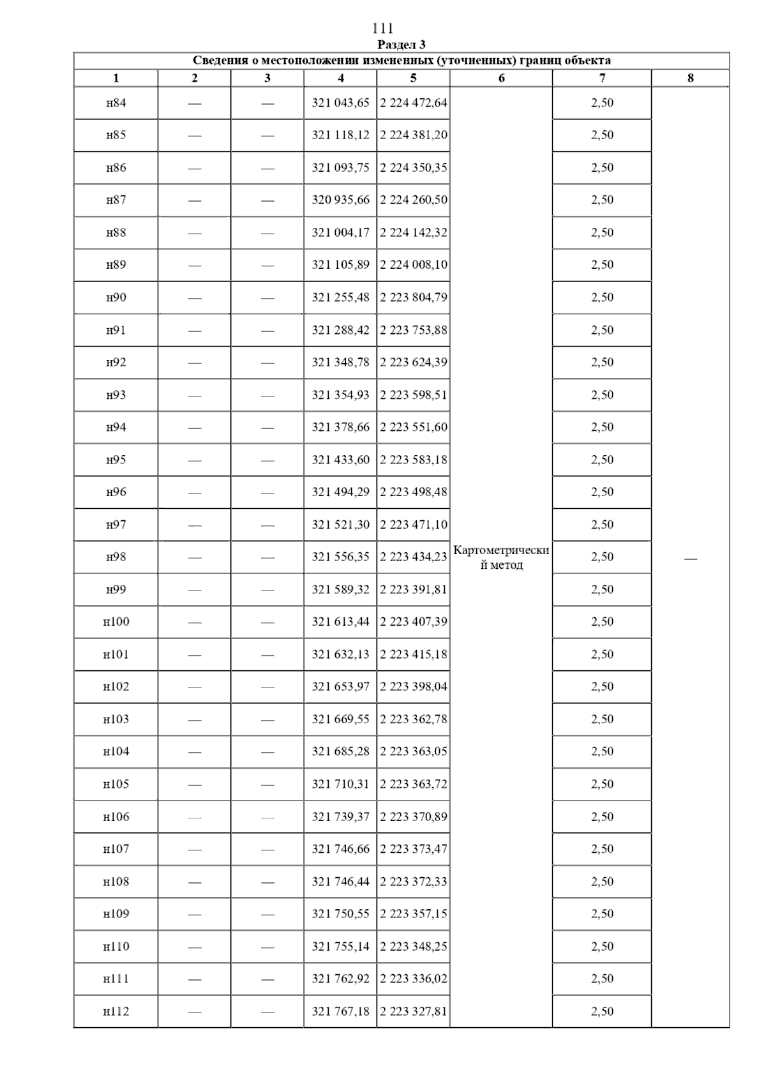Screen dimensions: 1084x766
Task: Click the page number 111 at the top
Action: coord(382,29)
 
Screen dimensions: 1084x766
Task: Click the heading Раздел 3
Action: coord(402,45)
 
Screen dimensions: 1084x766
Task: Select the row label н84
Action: coord(116,103)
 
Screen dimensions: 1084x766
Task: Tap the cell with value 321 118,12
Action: coord(340,135)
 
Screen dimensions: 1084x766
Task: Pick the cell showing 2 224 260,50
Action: coord(414,200)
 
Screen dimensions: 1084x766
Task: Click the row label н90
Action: coord(116,297)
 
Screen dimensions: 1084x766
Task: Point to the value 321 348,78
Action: coord(340,362)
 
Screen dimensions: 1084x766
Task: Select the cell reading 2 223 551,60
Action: coord(414,427)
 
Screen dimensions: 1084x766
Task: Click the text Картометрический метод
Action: coord(501,557)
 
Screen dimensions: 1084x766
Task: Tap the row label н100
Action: coord(116,622)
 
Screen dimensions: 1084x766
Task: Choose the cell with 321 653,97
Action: coord(340,686)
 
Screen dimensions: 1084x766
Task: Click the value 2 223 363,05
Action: coord(414,751)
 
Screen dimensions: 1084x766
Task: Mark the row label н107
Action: coord(116,849)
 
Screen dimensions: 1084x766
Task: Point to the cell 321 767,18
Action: coord(340,1011)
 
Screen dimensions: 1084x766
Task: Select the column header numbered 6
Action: coord(501,79)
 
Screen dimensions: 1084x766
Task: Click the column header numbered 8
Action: coord(690,79)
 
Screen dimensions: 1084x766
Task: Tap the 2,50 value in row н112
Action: coord(602,1011)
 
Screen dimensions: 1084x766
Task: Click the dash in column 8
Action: coord(690,559)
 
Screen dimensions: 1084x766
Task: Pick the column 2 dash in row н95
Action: coord(195,460)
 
